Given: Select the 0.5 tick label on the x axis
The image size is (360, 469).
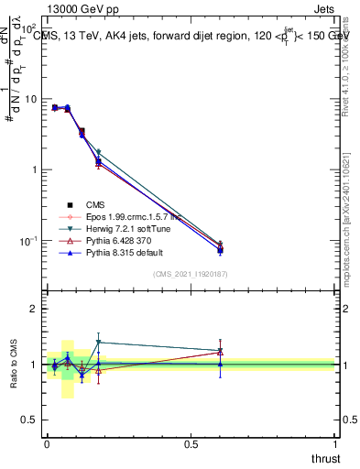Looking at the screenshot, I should [x=191, y=443].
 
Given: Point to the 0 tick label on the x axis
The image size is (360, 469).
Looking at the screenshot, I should [x=47, y=443].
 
